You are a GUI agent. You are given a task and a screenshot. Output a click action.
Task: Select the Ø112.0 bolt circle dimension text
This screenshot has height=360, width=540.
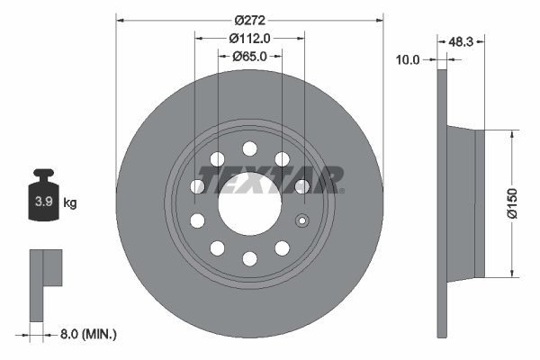[249, 38]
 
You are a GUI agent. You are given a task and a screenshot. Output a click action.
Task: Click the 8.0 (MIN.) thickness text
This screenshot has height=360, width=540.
[86, 334]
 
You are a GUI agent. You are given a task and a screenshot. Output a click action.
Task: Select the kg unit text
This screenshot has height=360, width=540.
[70, 203]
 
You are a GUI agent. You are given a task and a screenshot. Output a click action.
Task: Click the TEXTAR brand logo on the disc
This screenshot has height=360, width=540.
[274, 180]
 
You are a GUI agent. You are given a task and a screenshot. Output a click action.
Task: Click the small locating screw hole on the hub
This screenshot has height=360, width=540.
[303, 220]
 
